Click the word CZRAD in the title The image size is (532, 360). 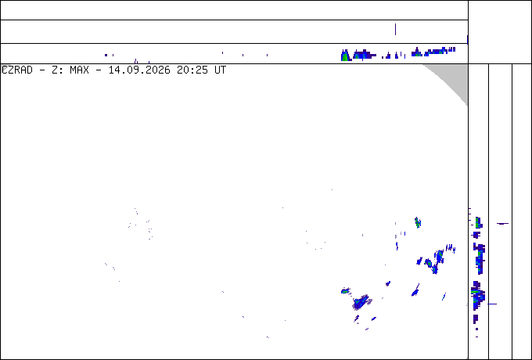pos(17,70)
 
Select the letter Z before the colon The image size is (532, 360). pos(55,70)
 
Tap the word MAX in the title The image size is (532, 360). pos(79,70)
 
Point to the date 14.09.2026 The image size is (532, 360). pos(139,70)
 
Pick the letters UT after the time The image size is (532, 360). pos(220,70)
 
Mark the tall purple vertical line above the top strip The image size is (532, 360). pos(395,29)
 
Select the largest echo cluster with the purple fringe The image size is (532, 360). pos(361,301)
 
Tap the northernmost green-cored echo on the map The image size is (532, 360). pos(418,222)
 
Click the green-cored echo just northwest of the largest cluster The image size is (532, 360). pos(345,290)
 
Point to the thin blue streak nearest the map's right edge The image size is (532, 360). pos(444,296)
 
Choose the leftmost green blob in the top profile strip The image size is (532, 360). pos(345,56)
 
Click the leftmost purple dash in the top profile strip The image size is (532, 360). pos(106,55)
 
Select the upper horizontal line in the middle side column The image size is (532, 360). pos(502,223)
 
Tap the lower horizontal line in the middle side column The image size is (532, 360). pos(492,304)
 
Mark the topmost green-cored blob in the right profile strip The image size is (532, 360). pos(478,223)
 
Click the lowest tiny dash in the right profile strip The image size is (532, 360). pos(477,337)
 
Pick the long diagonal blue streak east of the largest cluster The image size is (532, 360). pos(415,290)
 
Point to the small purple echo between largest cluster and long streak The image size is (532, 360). pos(388,283)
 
